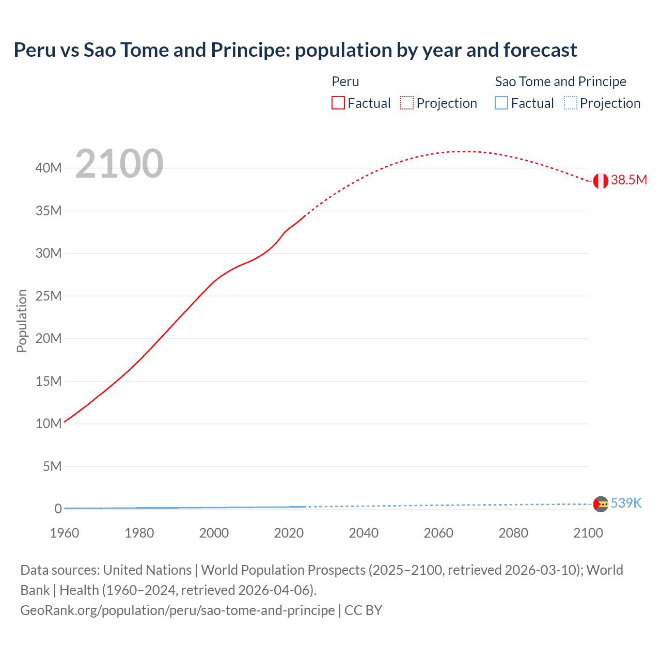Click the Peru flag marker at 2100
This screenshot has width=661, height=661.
pyautogui.click(x=601, y=181)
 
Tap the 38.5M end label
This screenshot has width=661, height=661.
pyautogui.click(x=628, y=180)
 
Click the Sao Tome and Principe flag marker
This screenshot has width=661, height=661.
pyautogui.click(x=601, y=504)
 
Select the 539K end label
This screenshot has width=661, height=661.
pyautogui.click(x=626, y=503)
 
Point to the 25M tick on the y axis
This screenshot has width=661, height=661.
pyautogui.click(x=49, y=296)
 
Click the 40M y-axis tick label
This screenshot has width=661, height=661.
pyautogui.click(x=49, y=168)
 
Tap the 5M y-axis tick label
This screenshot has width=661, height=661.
pyautogui.click(x=52, y=466)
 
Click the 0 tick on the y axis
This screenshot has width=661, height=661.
pyautogui.click(x=58, y=509)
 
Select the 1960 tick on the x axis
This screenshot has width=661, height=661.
pyautogui.click(x=65, y=533)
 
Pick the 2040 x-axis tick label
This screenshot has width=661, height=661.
pyautogui.click(x=364, y=533)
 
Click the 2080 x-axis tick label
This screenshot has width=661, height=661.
pyautogui.click(x=513, y=533)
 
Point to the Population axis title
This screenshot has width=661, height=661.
pyautogui.click(x=22, y=321)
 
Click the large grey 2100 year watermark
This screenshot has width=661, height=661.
pyautogui.click(x=119, y=164)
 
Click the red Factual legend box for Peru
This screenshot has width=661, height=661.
pyautogui.click(x=338, y=103)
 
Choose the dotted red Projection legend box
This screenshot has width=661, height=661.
pyautogui.click(x=407, y=103)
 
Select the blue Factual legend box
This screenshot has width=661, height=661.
pyautogui.click(x=501, y=103)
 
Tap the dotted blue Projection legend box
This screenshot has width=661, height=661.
pyautogui.click(x=570, y=103)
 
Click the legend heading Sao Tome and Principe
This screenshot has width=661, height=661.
pyautogui.click(x=560, y=82)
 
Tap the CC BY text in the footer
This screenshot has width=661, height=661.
pyautogui.click(x=363, y=610)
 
